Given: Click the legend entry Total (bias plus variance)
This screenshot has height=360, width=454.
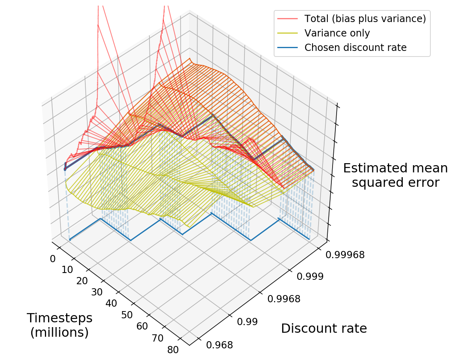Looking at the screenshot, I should click(365, 18).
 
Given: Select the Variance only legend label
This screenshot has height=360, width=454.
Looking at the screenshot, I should click(337, 33).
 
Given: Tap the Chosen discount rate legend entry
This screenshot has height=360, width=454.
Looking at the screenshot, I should click(355, 48).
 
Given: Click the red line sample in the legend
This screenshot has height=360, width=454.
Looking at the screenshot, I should click(287, 18).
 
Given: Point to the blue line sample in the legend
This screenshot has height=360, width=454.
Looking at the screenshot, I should click(287, 48).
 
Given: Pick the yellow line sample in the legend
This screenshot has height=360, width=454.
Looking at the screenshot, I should click(287, 33).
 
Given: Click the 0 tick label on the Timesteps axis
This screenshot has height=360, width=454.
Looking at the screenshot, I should click(53, 259).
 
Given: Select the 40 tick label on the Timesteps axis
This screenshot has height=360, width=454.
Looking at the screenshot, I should click(111, 303).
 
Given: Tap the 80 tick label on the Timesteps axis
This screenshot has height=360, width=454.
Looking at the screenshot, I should click(173, 350).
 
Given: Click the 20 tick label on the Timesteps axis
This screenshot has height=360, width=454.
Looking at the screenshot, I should click(82, 281).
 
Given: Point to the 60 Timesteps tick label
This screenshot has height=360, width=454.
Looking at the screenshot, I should click(142, 326).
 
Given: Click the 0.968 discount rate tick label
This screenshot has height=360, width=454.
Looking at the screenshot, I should click(219, 345).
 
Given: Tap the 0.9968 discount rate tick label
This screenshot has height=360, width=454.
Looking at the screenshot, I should click(284, 299).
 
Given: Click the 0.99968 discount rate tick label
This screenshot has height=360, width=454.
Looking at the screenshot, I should click(345, 255).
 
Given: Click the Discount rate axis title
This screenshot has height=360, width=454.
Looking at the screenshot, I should click(324, 328).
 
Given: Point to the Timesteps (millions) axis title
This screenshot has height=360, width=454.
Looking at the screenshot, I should click(60, 325).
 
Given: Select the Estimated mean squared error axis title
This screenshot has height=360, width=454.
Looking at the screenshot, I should click(395, 175).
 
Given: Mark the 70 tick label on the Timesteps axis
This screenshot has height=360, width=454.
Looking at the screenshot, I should click(158, 338).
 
